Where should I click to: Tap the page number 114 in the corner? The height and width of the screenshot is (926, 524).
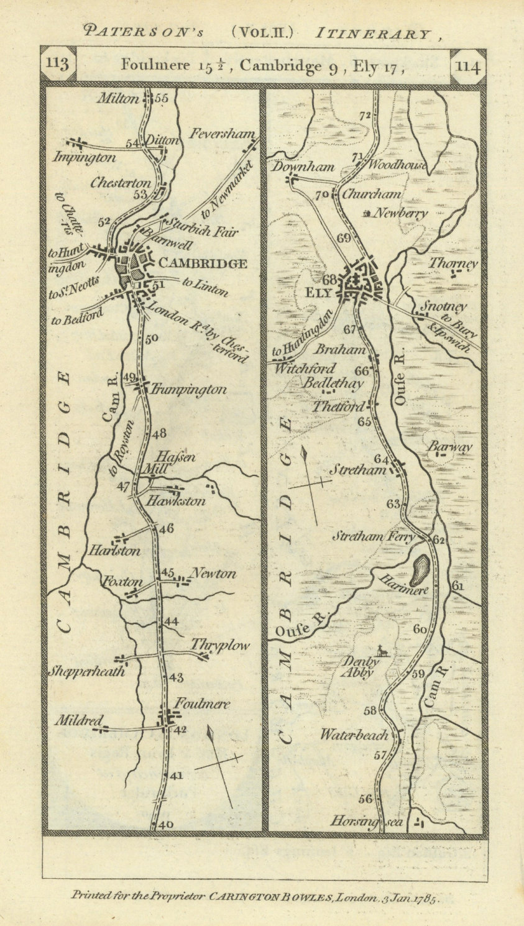click(x=467, y=66)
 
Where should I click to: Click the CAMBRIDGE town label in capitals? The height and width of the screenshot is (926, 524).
click(x=203, y=264)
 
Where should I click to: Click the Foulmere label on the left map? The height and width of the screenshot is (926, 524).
click(x=202, y=704)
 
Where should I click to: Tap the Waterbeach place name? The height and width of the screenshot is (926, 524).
click(x=354, y=735)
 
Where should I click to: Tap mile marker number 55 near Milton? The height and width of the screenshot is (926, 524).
click(x=162, y=98)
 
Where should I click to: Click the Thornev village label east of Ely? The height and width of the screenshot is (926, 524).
click(x=453, y=264)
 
